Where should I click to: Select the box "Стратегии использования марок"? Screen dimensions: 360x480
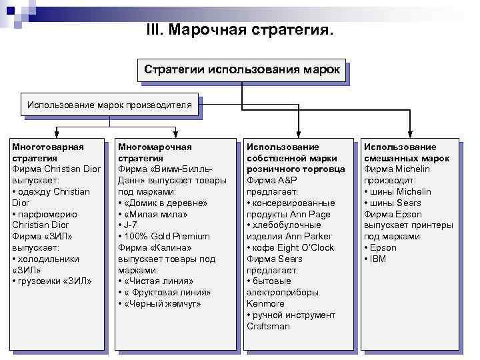click(241, 69)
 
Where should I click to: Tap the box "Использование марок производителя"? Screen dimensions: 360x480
click(109, 105)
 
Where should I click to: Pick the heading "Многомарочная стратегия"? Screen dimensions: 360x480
click(155, 152)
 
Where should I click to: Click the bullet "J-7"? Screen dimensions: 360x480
click(129, 225)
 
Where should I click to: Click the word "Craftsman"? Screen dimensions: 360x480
click(268, 326)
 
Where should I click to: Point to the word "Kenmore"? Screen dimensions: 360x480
click(265, 304)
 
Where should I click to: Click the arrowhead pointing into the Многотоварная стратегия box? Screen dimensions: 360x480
click(58, 135)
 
